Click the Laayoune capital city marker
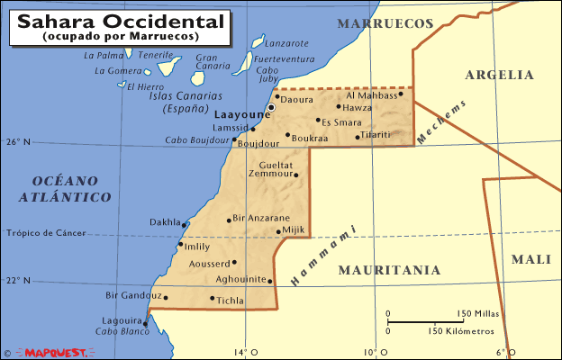click(x=270, y=107)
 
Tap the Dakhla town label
click(x=165, y=221)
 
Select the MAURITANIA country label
click(x=389, y=269)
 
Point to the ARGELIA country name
click(x=499, y=75)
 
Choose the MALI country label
click(x=530, y=259)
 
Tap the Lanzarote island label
click(x=288, y=42)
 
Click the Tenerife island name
click(x=156, y=55)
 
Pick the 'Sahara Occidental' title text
click(x=118, y=20)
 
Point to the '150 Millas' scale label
click(x=477, y=313)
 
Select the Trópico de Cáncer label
click(x=46, y=233)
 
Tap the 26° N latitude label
click(x=19, y=142)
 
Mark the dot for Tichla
click(x=213, y=299)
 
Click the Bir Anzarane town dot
click(x=229, y=219)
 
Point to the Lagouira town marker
click(x=144, y=323)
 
